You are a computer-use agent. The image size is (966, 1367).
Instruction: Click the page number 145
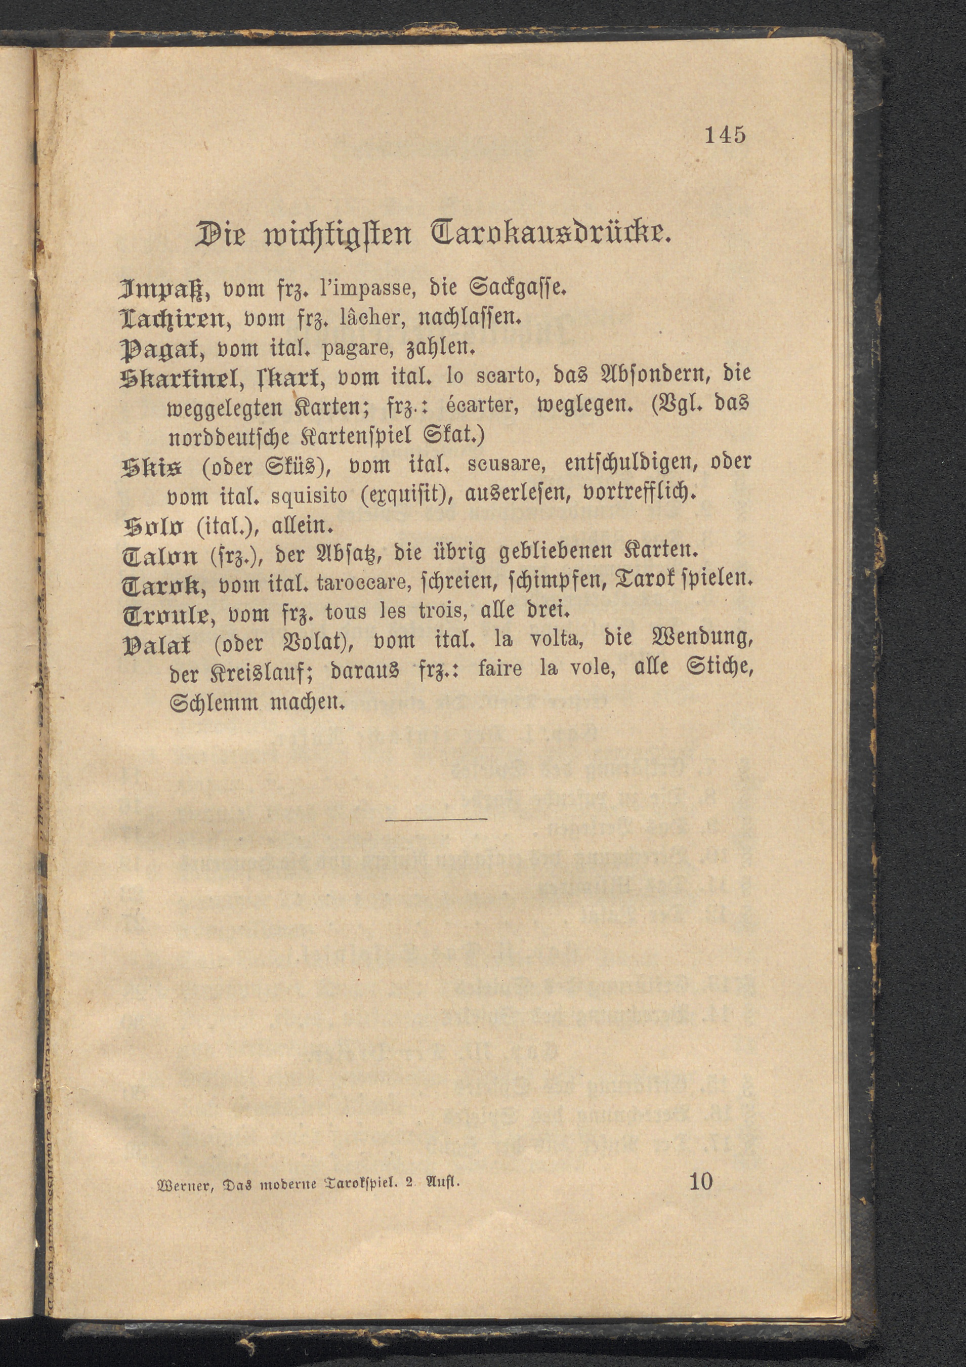725,135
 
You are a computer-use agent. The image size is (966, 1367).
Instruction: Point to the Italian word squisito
309,495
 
